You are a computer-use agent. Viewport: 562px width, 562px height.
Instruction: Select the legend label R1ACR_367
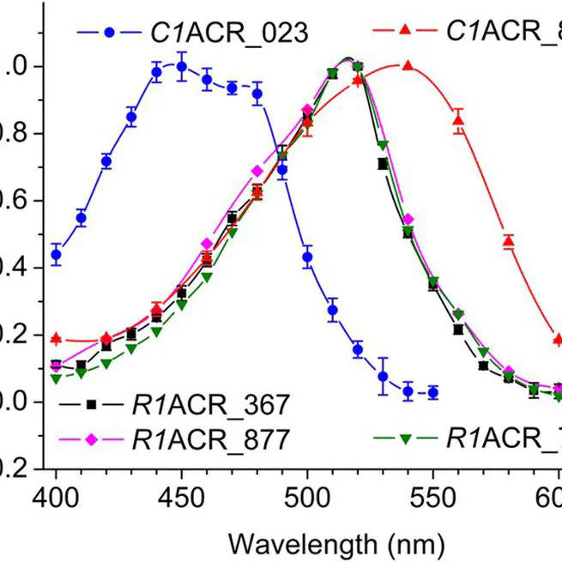pos(209,404)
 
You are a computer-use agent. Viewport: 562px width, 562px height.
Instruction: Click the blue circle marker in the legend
pos(109,33)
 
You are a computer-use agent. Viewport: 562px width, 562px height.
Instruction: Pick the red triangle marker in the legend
pos(407,33)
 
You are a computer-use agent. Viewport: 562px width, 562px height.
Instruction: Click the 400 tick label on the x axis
pos(56,499)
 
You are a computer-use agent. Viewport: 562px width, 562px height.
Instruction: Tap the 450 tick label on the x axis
pos(182,499)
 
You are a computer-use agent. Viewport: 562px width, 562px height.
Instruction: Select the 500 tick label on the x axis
pos(307,499)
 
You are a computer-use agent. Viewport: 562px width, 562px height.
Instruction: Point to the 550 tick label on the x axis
pos(433,499)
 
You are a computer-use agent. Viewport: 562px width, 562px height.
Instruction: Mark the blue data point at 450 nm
pos(182,66)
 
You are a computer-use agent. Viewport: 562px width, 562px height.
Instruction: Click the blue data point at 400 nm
pos(57,255)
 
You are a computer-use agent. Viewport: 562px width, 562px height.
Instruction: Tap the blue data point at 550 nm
pos(433,392)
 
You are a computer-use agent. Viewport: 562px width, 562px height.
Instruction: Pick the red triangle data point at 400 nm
pos(57,339)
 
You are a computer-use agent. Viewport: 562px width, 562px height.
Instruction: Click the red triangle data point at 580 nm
pos(509,242)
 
